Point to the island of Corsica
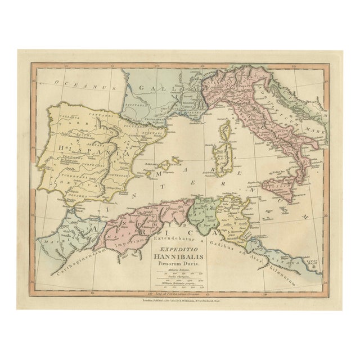pyautogui.click(x=228, y=133)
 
